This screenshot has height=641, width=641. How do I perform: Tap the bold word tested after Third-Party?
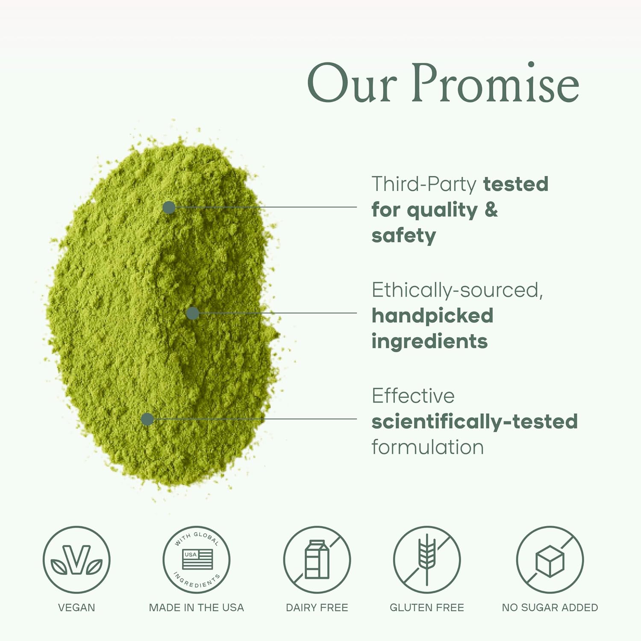click(515, 184)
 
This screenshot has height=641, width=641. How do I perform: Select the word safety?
click(403, 236)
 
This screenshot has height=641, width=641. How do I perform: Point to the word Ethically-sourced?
click(457, 290)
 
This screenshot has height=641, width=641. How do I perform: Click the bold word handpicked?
click(432, 316)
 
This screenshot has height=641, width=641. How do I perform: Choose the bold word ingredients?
click(429, 341)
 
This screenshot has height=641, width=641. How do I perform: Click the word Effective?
click(413, 396)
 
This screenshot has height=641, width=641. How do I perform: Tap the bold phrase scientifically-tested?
click(474, 421)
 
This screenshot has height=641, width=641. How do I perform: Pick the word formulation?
click(427, 447)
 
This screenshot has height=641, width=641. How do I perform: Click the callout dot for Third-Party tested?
click(169, 207)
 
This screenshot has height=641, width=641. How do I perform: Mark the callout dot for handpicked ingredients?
click(193, 313)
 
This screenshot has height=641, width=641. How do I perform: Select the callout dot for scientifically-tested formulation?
click(147, 419)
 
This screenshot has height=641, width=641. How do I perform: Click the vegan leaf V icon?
click(76, 560)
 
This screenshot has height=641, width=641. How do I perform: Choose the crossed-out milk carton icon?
click(317, 560)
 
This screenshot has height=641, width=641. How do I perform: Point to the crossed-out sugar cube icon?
click(550, 560)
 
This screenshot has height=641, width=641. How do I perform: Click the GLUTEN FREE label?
click(426, 607)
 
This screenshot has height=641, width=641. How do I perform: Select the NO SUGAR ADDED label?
click(550, 607)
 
